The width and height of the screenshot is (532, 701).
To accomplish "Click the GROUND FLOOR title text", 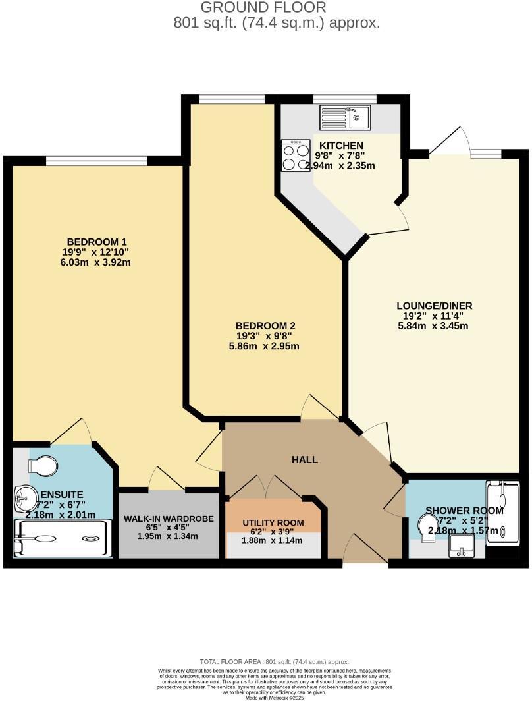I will tap(263, 8).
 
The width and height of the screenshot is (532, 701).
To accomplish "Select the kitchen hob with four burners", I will tap(295, 155).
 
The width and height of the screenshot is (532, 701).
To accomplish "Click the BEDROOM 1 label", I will tap(97, 241).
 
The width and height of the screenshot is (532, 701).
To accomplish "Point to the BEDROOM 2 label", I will tap(265, 325).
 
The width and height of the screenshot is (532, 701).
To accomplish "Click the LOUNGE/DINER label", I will tap(435, 306).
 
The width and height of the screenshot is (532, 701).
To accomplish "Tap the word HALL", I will tap(305, 459).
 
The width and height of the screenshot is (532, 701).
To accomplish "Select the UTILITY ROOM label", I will tap(273, 522).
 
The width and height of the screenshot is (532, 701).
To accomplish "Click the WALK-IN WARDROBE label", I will tap(169, 519).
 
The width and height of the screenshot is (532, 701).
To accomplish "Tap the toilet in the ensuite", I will tap(43, 466).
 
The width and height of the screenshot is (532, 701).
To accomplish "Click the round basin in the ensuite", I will tap(26, 494).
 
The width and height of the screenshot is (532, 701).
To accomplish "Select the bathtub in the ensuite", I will tap(63, 539).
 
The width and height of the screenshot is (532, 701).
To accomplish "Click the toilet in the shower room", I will tap(427, 528).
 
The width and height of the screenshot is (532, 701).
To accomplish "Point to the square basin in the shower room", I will tap(461, 545).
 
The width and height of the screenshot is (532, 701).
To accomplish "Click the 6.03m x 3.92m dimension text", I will tap(97, 262).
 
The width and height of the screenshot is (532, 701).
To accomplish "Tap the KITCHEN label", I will tap(340, 145).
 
